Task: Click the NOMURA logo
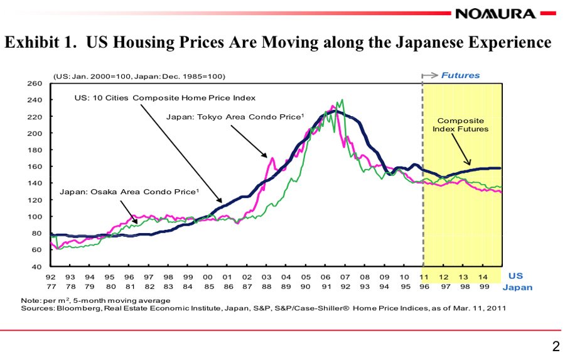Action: click(495, 13)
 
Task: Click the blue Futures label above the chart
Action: click(460, 75)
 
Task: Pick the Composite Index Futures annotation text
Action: click(460, 124)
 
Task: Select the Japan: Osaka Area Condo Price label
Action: click(129, 191)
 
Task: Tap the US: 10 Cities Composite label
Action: click(164, 98)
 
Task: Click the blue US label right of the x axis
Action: click(515, 276)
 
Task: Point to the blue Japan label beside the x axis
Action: click(517, 287)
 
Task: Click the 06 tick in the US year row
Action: click(325, 276)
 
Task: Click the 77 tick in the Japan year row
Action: click(50, 286)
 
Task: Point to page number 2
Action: click(555, 346)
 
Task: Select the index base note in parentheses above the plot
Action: click(139, 76)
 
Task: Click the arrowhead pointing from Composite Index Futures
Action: click(469, 163)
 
